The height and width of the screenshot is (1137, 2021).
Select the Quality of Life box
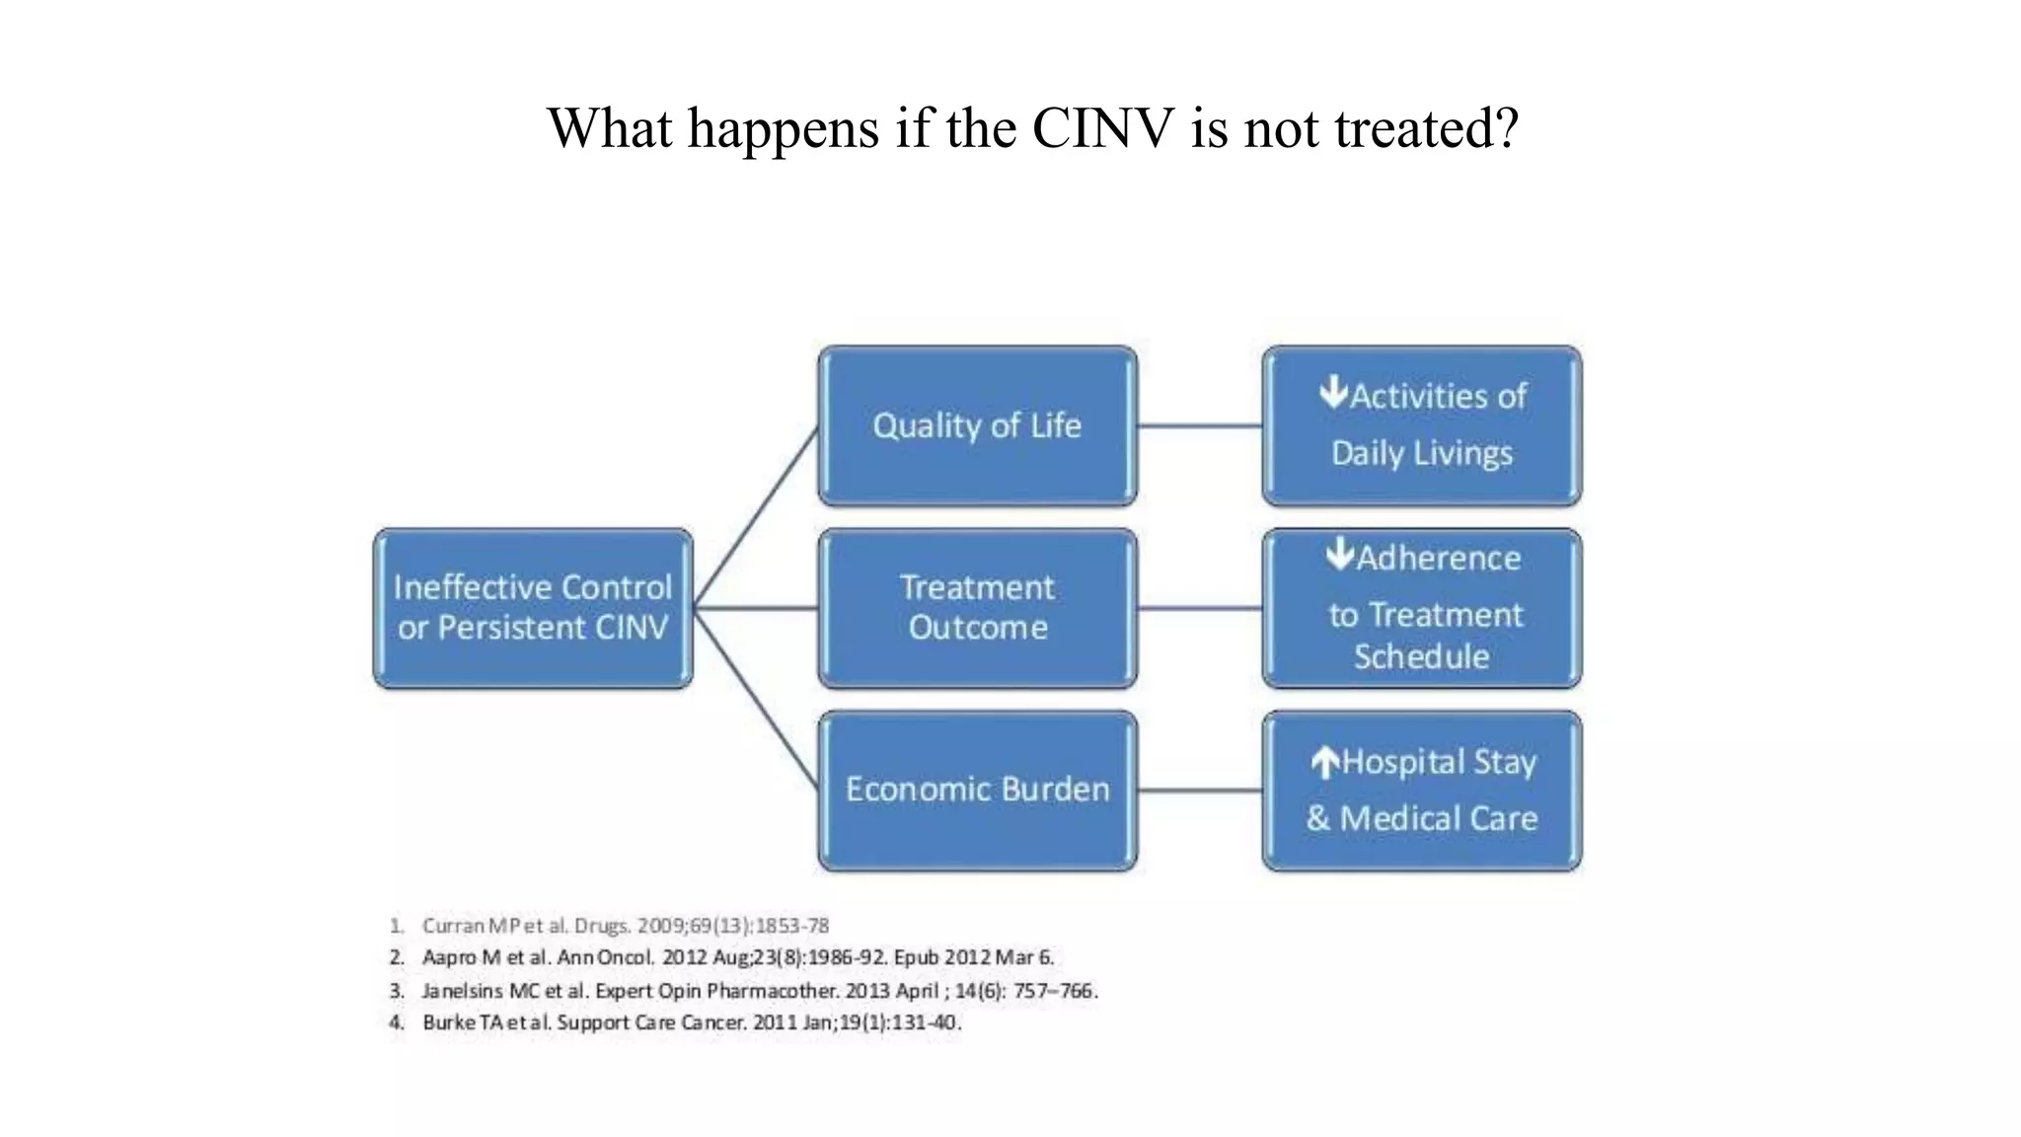(x=977, y=425)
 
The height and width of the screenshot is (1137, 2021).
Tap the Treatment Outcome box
(x=977, y=608)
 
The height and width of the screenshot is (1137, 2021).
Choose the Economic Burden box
(x=977, y=790)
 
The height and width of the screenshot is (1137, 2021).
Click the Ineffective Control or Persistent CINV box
(x=533, y=608)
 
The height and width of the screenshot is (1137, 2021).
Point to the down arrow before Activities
(x=1333, y=393)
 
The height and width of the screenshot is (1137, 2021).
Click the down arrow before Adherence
(x=1340, y=555)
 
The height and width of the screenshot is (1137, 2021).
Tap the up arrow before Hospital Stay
(x=1325, y=762)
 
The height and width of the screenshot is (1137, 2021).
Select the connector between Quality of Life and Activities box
(x=1199, y=426)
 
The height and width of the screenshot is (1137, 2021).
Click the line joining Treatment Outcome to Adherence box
(x=1199, y=608)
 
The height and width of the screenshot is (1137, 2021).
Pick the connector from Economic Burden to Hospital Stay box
(x=1199, y=790)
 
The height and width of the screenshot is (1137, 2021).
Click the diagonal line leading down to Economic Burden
(x=757, y=699)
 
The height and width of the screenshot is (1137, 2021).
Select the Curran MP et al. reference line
(x=625, y=926)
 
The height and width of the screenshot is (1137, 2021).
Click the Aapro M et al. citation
(x=737, y=957)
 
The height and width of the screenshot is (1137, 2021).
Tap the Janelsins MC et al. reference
(x=759, y=990)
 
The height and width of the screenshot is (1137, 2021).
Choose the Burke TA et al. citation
(x=691, y=1023)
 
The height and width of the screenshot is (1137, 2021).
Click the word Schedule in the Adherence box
(x=1421, y=656)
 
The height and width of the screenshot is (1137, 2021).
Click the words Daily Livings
(x=1421, y=453)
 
